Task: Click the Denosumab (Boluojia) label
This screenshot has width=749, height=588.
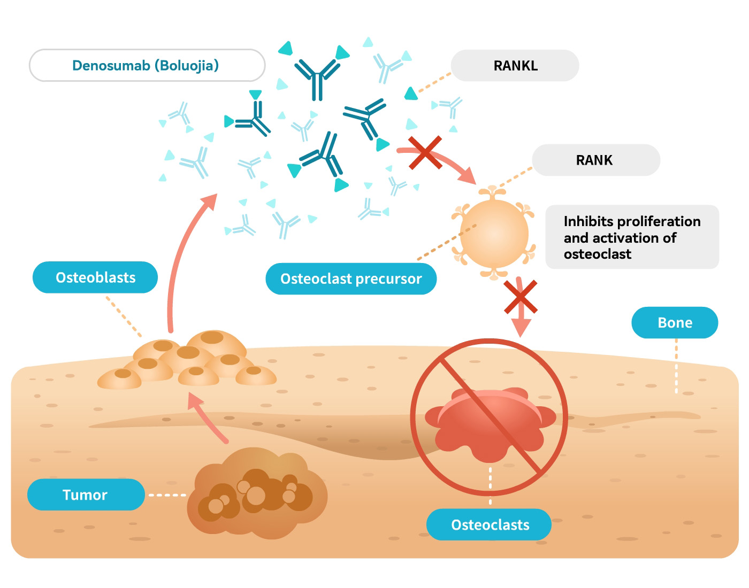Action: (x=146, y=66)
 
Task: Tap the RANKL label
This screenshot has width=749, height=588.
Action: (x=515, y=66)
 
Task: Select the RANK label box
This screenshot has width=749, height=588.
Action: (x=594, y=160)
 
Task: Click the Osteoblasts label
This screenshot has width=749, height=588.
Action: (x=95, y=277)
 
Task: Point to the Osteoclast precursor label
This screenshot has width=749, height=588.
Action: (x=351, y=278)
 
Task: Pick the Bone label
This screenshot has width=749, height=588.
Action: (x=675, y=322)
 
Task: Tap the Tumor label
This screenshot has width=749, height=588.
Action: (x=85, y=494)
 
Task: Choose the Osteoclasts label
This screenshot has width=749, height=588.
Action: (x=490, y=524)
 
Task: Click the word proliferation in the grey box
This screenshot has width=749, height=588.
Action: (x=666, y=221)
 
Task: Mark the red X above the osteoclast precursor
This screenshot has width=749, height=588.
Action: (x=425, y=153)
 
